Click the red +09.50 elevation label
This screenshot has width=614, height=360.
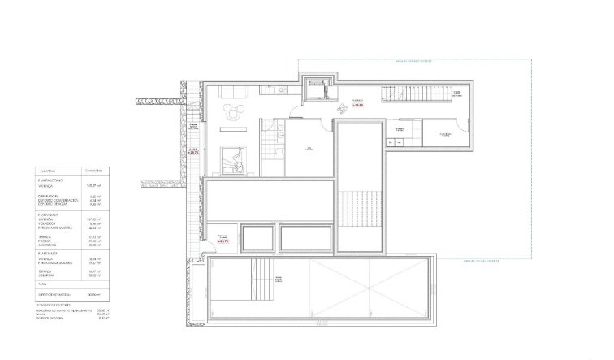click(357, 106)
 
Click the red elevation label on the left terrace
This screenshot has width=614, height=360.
click(193, 151)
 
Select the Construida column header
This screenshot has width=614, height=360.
click(92, 171)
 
